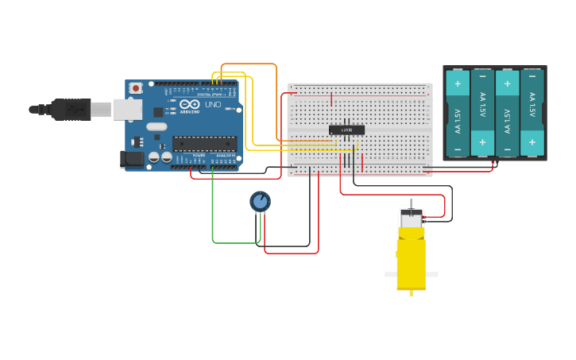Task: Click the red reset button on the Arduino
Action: pos(136,87)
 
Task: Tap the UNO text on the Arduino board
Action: pos(213,105)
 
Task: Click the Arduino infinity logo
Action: pos(190,104)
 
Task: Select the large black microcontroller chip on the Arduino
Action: pos(204,144)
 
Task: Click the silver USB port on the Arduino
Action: pos(126,109)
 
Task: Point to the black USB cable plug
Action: pos(71,110)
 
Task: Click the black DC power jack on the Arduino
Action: pos(132,159)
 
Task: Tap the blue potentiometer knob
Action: pos(260,201)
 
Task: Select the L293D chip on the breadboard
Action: pos(346,130)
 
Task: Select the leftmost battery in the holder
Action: pos(458,113)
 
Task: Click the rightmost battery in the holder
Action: pos(532,113)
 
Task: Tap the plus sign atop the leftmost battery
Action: pos(458,83)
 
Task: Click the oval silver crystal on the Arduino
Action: pos(157,126)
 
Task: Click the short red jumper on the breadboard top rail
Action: pos(331,99)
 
